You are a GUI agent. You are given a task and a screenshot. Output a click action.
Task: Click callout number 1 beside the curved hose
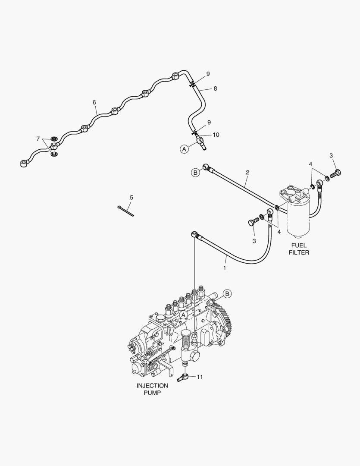point(224,268)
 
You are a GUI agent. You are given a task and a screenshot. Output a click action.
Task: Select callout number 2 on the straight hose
point(247,172)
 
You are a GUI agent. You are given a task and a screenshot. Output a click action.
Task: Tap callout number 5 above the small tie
point(131,198)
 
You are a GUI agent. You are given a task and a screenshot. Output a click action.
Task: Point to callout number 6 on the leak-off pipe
point(94,103)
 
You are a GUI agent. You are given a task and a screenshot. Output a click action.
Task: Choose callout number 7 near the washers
point(38,139)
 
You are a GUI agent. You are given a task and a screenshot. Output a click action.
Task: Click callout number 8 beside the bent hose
point(215,88)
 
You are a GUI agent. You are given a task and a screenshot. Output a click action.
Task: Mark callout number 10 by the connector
point(216,135)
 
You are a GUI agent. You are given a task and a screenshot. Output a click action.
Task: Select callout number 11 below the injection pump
point(200,377)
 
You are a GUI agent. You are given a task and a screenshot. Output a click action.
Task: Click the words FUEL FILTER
point(299,249)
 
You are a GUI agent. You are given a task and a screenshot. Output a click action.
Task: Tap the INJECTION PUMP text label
point(152,389)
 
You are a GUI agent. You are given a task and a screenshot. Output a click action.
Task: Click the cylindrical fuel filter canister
point(299,220)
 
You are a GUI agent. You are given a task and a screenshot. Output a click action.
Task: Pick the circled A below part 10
point(185,149)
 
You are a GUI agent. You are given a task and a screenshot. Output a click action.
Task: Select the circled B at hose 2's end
point(195,173)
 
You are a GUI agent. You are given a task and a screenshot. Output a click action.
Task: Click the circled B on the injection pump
point(227,293)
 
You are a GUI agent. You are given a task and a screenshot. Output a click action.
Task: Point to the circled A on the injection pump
point(182,315)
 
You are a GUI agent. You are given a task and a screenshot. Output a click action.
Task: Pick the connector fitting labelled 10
point(200,141)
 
